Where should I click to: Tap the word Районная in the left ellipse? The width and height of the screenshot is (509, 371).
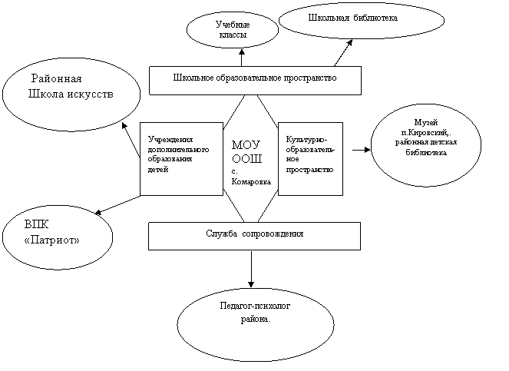coord(57,78)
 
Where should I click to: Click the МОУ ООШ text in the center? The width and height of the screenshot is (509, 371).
coord(246,152)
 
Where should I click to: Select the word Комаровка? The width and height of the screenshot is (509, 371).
coord(251,182)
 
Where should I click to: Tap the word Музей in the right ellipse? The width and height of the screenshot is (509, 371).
coord(426,122)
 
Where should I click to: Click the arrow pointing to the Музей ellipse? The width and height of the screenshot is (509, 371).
coord(361,150)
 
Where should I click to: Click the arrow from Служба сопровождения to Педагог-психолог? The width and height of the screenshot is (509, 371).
coord(251,269)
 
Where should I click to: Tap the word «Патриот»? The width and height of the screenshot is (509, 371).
coord(52,240)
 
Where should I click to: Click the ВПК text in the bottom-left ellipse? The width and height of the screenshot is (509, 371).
coord(36,224)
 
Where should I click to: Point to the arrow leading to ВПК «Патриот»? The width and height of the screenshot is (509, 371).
coord(117,205)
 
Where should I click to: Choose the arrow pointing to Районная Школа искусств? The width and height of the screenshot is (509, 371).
coord(131,141)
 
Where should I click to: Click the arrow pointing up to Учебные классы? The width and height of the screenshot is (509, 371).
coord(242,58)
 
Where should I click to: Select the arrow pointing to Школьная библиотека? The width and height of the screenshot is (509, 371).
coord(343,53)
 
